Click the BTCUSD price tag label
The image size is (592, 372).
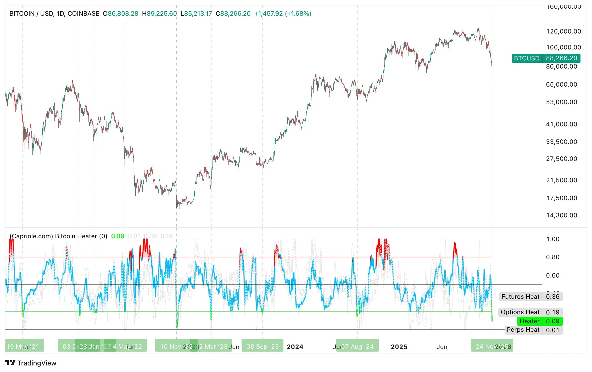point(527,58)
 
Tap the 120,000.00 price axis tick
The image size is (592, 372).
point(563,31)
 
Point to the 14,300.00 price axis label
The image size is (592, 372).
point(561,215)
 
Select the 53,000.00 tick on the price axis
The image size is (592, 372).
point(561,102)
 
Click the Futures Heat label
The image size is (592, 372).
point(520,297)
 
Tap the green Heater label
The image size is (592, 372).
point(529,321)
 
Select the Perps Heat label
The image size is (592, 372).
point(523,330)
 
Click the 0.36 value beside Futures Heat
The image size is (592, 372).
point(552,297)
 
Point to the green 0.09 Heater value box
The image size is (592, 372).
point(552,321)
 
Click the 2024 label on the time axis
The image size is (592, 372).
point(295,347)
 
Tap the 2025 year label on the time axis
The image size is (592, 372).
point(399,347)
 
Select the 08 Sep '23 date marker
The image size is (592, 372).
point(262,347)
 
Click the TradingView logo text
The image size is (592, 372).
point(37,363)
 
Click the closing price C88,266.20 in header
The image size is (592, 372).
point(233,14)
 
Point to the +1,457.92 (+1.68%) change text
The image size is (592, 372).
point(283,14)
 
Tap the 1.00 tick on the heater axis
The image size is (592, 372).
point(552,239)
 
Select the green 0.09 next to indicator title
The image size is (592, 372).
point(118,236)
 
